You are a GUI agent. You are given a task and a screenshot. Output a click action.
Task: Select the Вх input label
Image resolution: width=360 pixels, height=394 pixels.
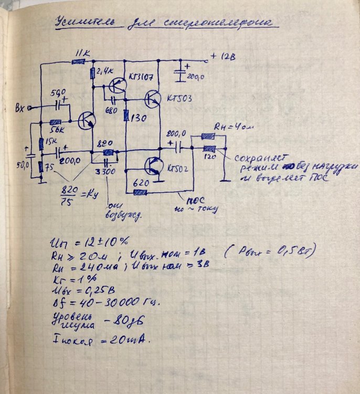(23, 108)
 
